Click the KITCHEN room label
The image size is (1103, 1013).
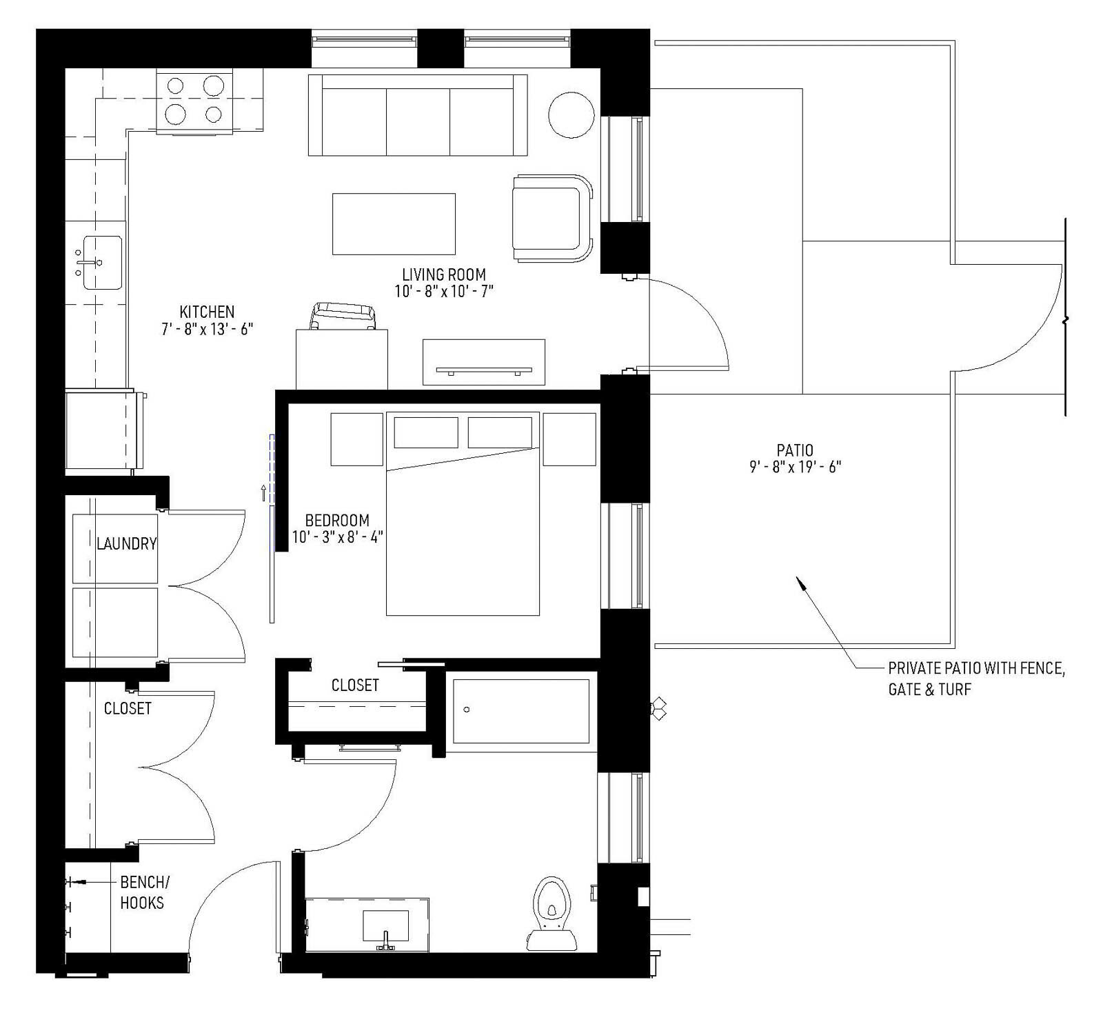[x=207, y=312]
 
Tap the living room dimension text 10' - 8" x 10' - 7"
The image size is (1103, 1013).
[x=444, y=292]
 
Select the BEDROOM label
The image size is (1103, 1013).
[x=337, y=520]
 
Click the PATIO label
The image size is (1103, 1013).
[x=795, y=450]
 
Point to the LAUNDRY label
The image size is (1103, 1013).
[x=126, y=544]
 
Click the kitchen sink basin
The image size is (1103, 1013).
[x=102, y=263]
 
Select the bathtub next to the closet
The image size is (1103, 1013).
[x=521, y=711]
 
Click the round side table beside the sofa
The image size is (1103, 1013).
[x=571, y=115]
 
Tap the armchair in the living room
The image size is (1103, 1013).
[x=550, y=218]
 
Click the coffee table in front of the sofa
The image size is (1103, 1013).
[x=394, y=224]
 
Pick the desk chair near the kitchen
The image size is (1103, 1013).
[x=344, y=317]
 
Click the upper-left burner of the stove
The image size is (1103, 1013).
[x=176, y=86]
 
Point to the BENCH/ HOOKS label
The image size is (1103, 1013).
[x=143, y=892]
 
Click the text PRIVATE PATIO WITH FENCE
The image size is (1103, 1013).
[x=976, y=668]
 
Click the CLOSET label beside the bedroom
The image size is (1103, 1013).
[x=355, y=685]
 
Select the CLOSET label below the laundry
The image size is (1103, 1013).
[x=128, y=708]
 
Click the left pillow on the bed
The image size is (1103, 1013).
[x=426, y=432]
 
